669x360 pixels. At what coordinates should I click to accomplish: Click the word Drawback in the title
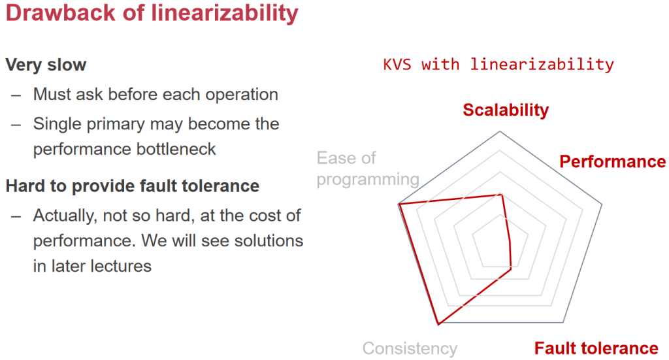(x=61, y=13)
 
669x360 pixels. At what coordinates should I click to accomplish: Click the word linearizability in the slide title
(x=225, y=14)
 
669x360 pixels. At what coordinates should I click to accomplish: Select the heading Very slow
(x=46, y=65)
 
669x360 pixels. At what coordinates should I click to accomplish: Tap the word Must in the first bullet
(x=52, y=94)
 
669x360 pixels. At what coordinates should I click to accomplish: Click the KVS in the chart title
(x=397, y=65)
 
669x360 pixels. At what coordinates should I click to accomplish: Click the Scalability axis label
(x=506, y=110)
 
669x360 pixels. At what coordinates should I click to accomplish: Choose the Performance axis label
(x=612, y=161)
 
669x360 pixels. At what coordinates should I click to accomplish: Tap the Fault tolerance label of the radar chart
(x=596, y=348)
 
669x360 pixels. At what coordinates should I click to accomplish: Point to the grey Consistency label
(x=410, y=348)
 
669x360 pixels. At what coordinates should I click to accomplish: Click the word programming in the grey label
(x=368, y=180)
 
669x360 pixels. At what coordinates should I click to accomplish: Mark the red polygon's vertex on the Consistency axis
(x=438, y=325)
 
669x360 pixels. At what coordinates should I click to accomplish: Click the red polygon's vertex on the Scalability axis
(x=501, y=195)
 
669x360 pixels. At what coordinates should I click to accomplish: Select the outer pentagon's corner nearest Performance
(x=602, y=205)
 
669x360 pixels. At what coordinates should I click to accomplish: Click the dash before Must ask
(x=16, y=95)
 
